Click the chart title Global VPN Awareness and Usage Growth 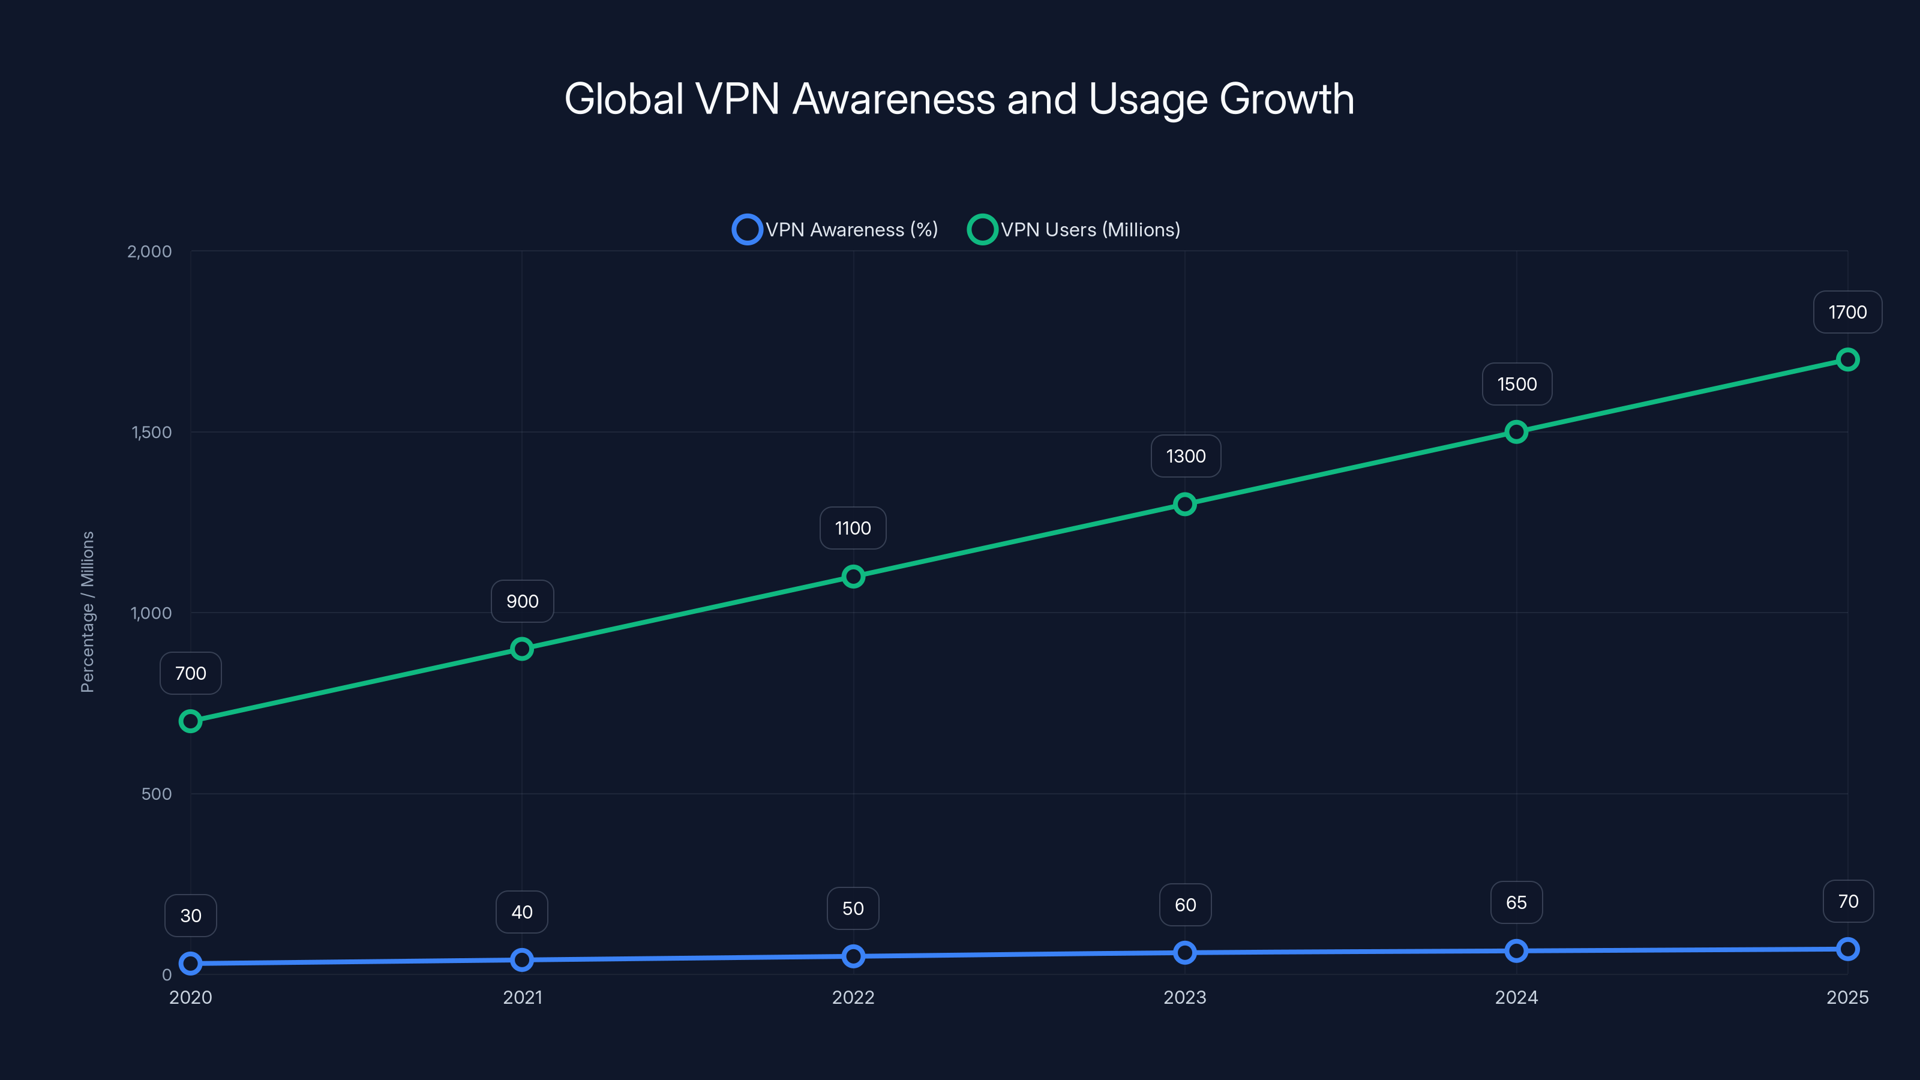tap(959, 99)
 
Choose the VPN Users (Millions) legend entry tap(1074, 230)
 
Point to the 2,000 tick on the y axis tap(149, 251)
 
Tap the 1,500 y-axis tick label tap(151, 432)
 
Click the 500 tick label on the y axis tap(157, 794)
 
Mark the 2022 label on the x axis tap(853, 997)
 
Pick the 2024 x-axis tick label tap(1516, 997)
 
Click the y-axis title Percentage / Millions tap(87, 612)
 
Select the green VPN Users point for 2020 tap(191, 721)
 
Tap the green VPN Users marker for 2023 tap(1184, 505)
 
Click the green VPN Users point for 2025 tap(1847, 360)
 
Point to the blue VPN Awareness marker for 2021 tap(522, 960)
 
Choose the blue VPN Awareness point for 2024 tap(1516, 951)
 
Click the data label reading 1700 tap(1847, 312)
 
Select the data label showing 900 tap(522, 601)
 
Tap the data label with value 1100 tap(853, 529)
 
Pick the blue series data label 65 tap(1516, 902)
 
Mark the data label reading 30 tap(191, 915)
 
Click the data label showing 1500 tap(1517, 385)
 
